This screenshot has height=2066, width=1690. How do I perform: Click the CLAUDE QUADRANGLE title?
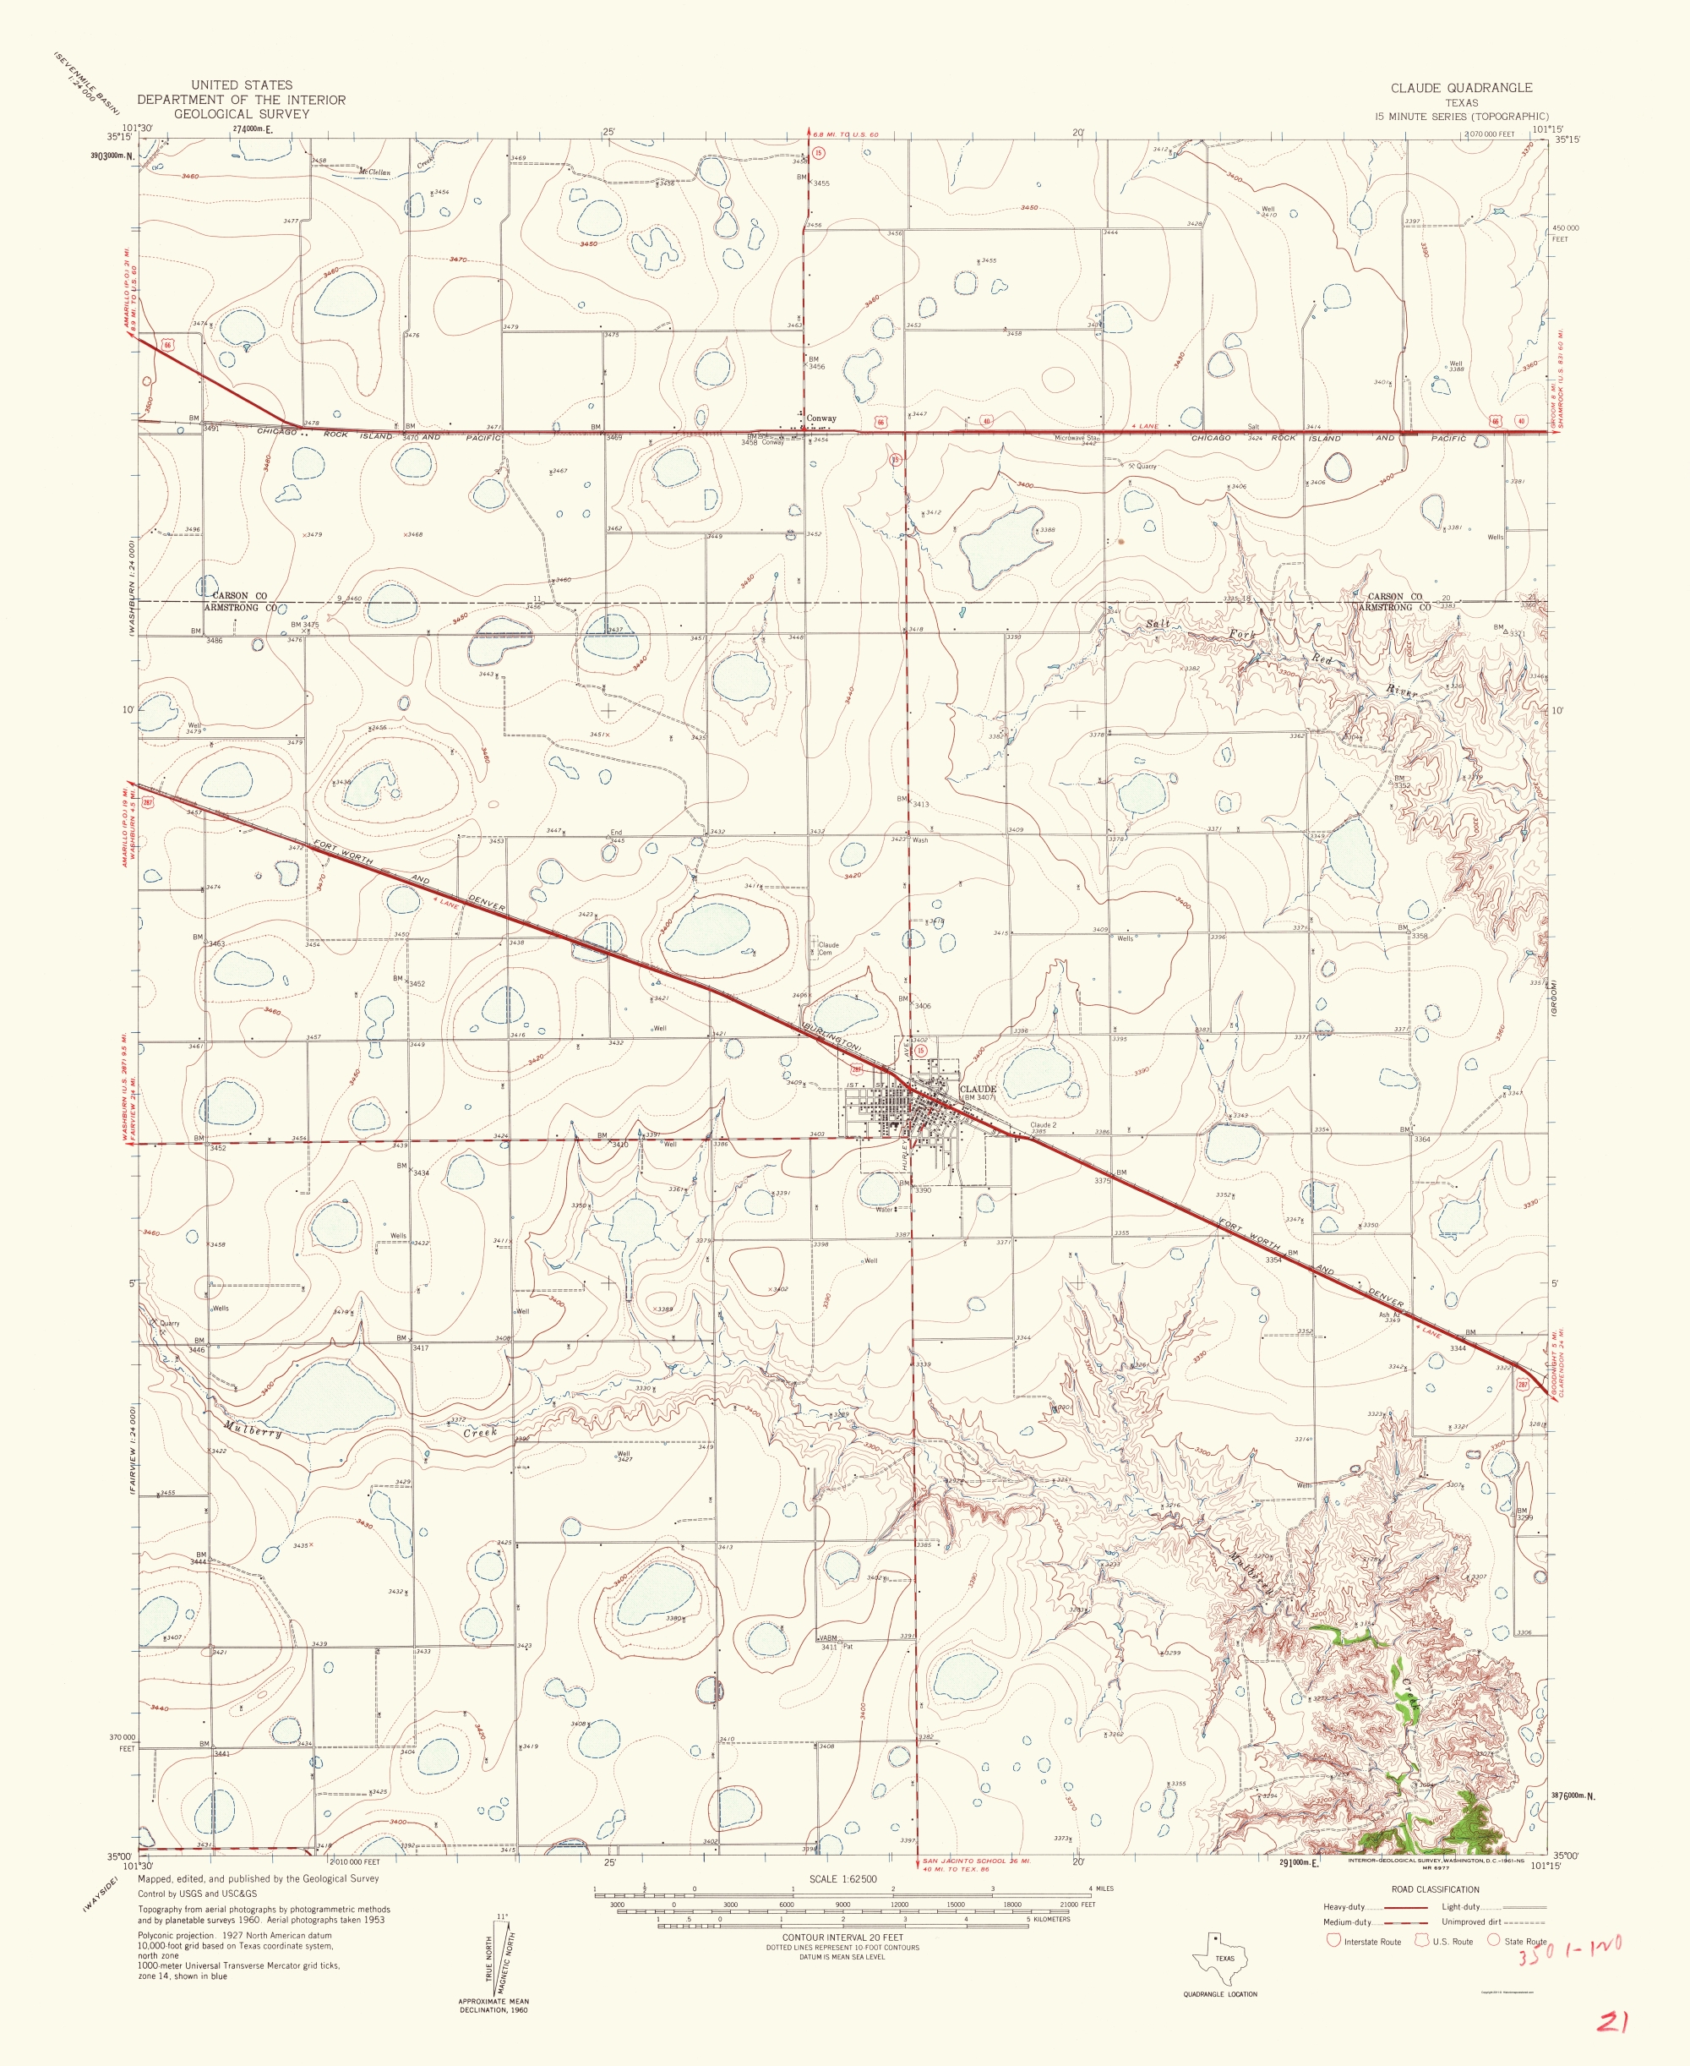click(1460, 88)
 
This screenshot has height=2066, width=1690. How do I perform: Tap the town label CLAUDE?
click(978, 1089)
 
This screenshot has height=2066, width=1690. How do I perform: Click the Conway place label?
click(820, 418)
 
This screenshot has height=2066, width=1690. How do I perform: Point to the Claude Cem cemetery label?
click(826, 948)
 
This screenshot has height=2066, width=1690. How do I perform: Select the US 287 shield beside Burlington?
click(858, 1069)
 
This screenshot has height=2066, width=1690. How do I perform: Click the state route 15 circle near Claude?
click(920, 1051)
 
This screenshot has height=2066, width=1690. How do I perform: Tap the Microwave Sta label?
click(1076, 438)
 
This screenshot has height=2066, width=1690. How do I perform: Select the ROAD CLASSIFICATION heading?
click(1434, 1888)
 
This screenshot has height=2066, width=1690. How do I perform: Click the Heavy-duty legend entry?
click(1344, 1906)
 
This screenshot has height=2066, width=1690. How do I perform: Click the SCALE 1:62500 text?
click(842, 1879)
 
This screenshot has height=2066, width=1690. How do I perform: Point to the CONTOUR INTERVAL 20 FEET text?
click(842, 1938)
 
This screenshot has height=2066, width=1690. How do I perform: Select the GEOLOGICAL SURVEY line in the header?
click(241, 114)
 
